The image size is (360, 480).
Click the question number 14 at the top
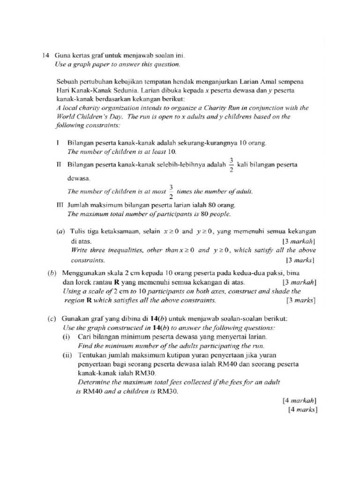point(45,55)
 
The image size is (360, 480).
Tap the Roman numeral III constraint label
point(59,205)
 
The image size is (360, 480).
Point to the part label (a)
point(61,231)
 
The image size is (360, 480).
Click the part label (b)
point(52,273)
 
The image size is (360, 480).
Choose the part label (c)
point(52,318)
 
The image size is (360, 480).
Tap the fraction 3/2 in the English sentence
point(171,191)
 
